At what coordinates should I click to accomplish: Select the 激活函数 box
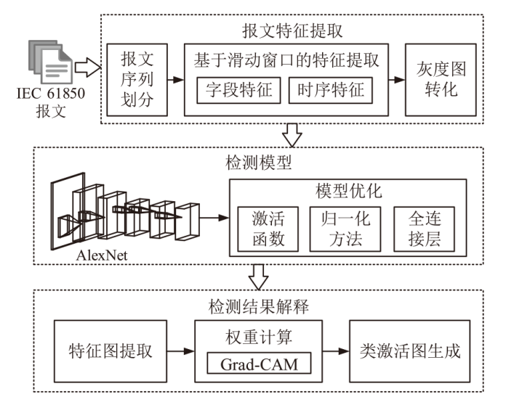pos(268,229)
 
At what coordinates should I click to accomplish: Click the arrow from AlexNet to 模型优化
pos(213,216)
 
